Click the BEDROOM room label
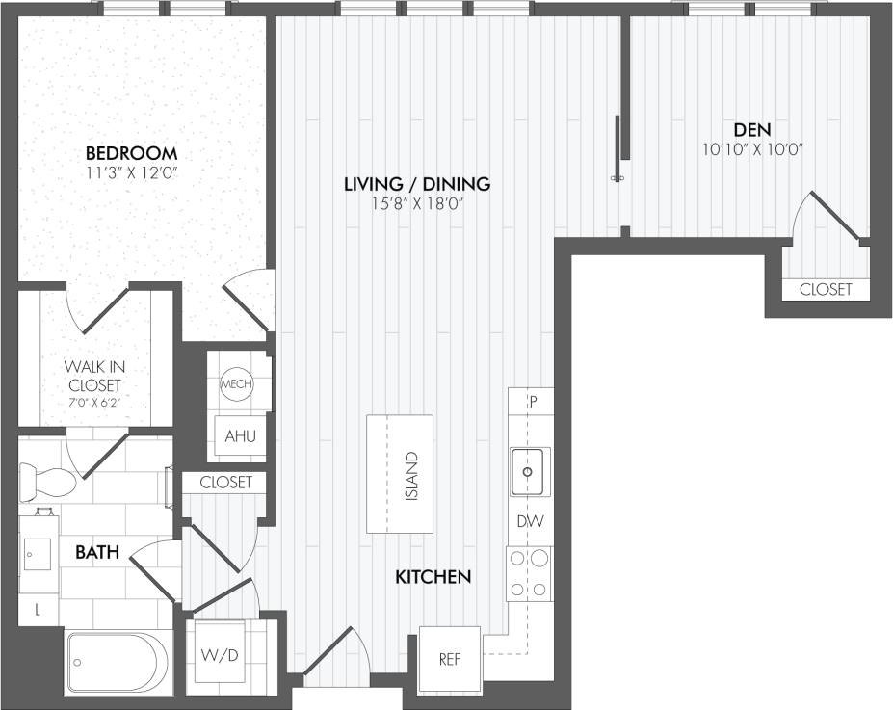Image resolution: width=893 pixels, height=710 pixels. click(131, 153)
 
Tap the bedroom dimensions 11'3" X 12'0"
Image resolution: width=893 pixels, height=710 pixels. click(131, 174)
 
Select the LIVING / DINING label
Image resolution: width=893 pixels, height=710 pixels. click(418, 183)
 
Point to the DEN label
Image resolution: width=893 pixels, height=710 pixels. click(752, 129)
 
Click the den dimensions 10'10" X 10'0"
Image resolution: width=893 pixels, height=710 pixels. click(752, 149)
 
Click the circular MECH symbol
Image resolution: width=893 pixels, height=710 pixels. click(237, 384)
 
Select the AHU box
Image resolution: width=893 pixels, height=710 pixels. click(240, 435)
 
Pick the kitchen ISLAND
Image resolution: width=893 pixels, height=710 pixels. click(400, 474)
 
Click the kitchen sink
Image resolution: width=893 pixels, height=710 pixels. click(529, 471)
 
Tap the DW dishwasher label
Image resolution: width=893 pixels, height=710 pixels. click(529, 522)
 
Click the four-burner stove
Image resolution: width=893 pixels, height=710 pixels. click(529, 574)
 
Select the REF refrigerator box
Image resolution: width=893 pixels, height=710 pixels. click(450, 659)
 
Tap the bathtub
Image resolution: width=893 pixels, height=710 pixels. click(117, 662)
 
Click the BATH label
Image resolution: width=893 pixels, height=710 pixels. click(97, 552)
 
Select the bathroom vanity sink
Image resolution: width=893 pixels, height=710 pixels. click(39, 554)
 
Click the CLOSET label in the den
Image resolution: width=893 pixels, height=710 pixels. click(826, 289)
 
